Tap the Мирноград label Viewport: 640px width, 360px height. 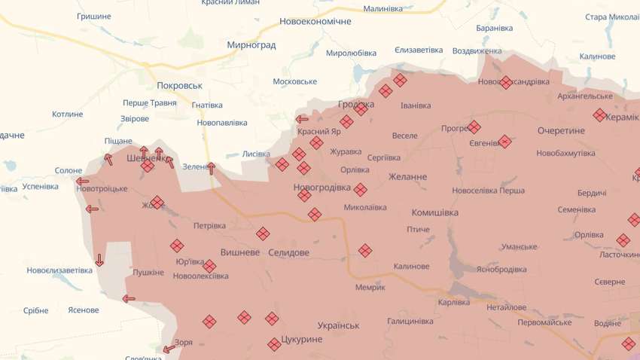[251, 45]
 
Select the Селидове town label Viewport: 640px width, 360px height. [288, 252]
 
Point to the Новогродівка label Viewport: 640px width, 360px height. [322, 188]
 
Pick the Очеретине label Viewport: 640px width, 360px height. [561, 131]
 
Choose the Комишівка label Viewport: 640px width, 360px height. [435, 212]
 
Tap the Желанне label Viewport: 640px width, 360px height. [408, 177]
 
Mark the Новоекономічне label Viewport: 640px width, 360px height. [315, 21]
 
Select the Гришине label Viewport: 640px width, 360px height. [94, 16]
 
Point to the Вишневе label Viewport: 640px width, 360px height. [240, 252]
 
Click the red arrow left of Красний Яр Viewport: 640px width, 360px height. [302, 119]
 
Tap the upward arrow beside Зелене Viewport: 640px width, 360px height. [212, 168]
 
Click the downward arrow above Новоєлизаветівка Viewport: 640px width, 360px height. [99, 261]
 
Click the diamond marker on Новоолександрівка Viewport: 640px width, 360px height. [506, 82]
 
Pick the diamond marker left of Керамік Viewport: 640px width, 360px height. [599, 115]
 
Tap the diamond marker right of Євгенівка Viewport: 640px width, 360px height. [504, 141]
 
